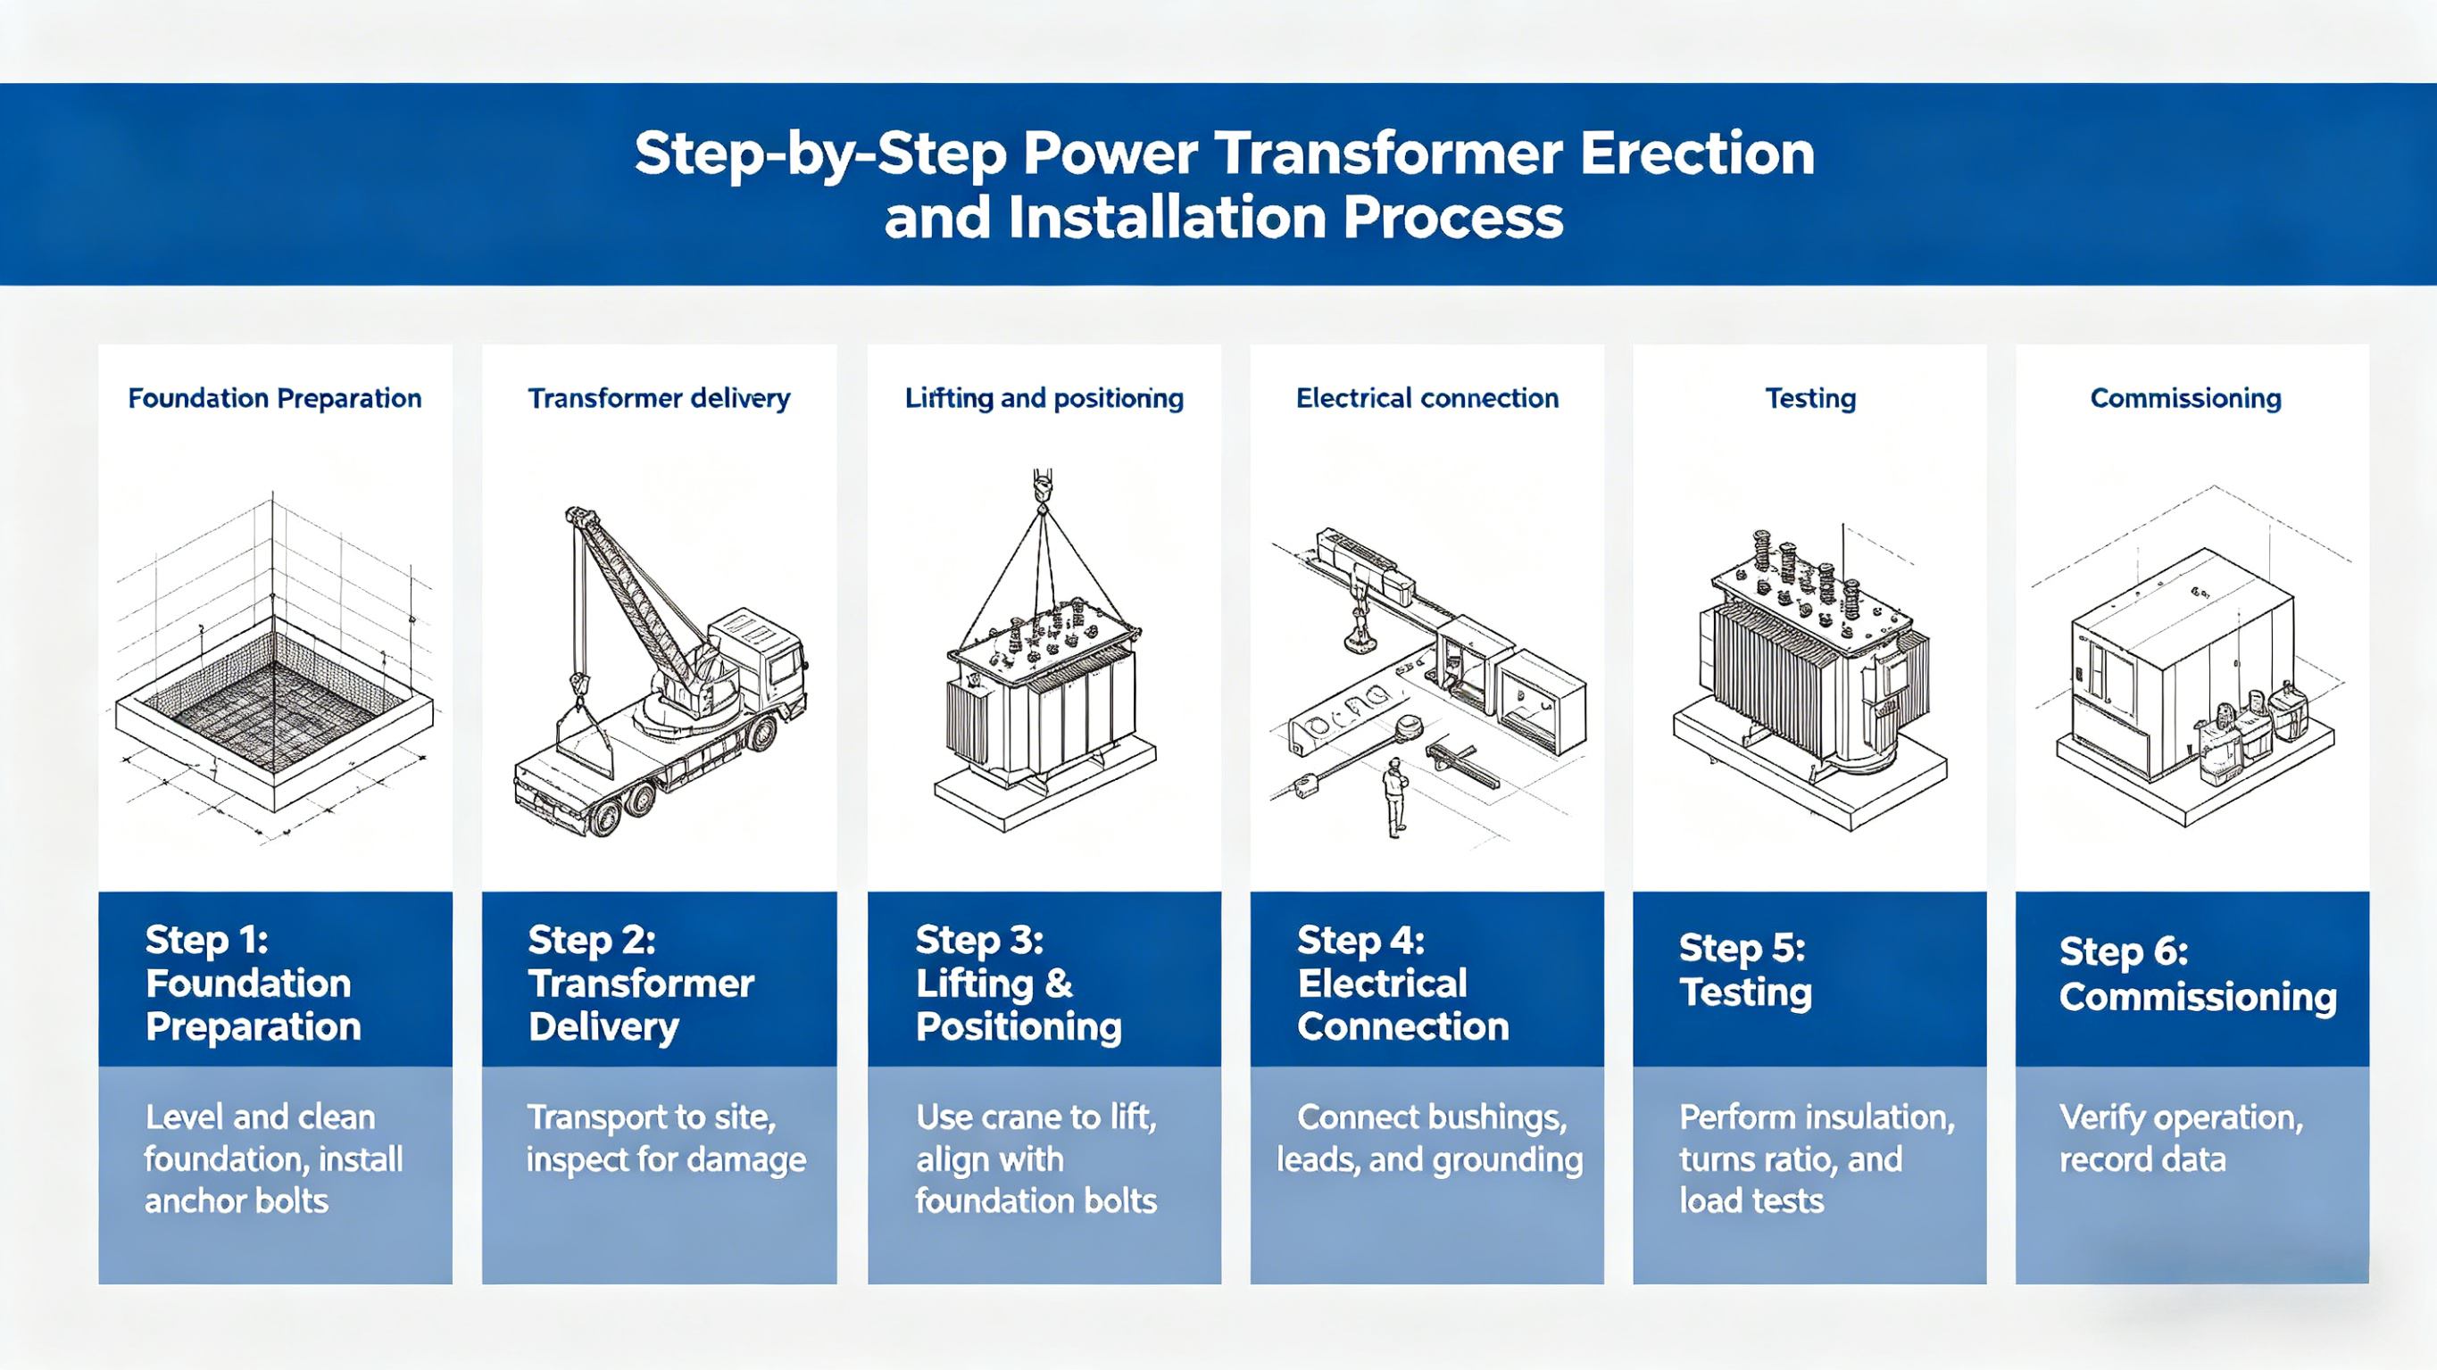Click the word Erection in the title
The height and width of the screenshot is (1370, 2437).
[x=1697, y=154]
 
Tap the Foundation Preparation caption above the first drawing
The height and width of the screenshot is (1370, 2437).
[x=274, y=398]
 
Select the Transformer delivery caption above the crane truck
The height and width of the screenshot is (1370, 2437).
[x=659, y=398]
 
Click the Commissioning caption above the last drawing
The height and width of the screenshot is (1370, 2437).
[x=2185, y=398]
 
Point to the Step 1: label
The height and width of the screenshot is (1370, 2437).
[x=207, y=941]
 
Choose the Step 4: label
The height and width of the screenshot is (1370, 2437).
[x=1360, y=941]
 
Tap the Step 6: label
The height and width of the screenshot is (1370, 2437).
[x=2123, y=951]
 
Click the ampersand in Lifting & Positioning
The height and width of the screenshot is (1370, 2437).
[x=1059, y=984]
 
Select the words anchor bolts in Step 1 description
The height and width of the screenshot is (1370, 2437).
[x=237, y=1200]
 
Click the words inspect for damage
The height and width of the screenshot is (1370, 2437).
[x=666, y=1160]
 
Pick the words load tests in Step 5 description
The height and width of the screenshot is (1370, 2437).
[x=1751, y=1200]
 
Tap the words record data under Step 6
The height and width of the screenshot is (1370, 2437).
[x=2142, y=1160]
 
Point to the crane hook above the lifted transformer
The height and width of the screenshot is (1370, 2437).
[x=1042, y=486]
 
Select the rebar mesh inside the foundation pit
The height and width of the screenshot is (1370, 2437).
[x=274, y=714]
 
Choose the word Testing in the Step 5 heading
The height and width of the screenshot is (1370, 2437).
[x=1745, y=992]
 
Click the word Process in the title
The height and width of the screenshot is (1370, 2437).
[x=1452, y=218]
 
